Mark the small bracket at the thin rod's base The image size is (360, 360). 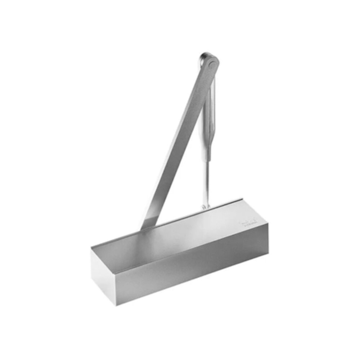(206, 207)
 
